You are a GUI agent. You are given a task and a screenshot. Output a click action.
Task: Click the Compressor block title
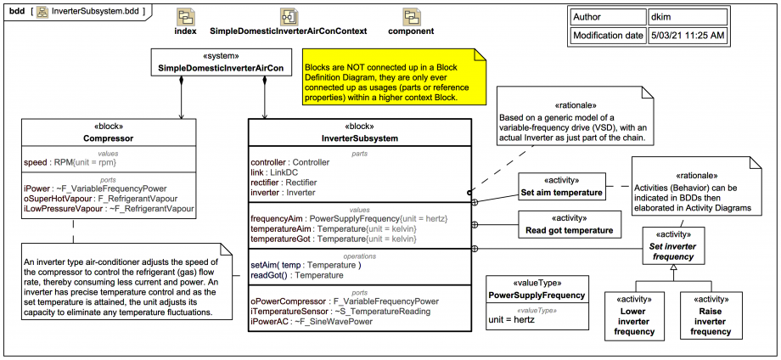pyautogui.click(x=109, y=138)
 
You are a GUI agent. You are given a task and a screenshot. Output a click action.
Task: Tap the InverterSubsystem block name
pyautogui.click(x=360, y=138)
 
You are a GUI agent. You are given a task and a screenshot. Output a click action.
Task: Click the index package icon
pyautogui.click(x=186, y=17)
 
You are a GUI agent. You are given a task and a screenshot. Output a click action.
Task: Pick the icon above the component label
pyautogui.click(x=412, y=17)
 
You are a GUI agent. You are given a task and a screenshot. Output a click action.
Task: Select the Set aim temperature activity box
pyautogui.click(x=561, y=186)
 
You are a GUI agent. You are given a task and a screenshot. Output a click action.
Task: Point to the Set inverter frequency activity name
pyautogui.click(x=671, y=250)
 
